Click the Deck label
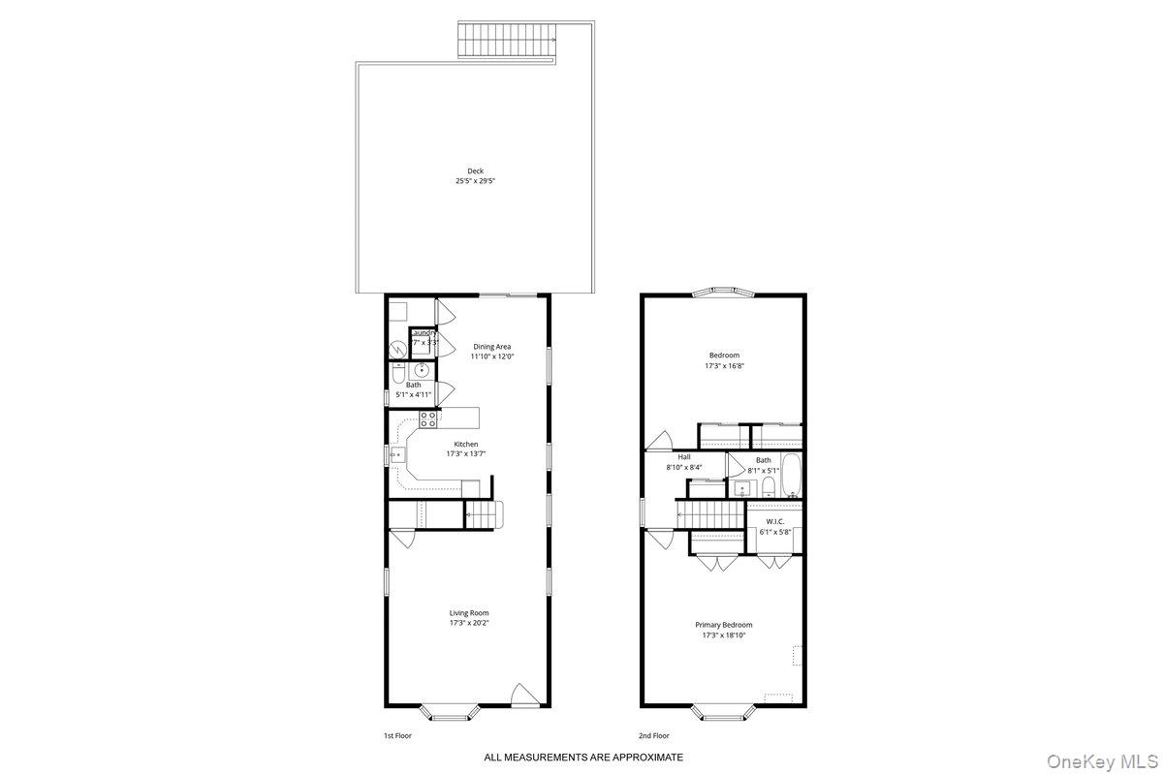(x=475, y=171)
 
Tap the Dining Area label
(x=491, y=347)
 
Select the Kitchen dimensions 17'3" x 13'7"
(x=466, y=453)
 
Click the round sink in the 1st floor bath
(x=422, y=371)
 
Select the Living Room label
(x=469, y=612)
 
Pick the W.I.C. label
(x=774, y=521)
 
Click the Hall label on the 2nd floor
(x=684, y=457)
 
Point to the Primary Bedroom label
(x=723, y=625)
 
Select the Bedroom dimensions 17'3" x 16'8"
(x=723, y=366)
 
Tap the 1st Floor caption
(x=397, y=736)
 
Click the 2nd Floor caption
(x=653, y=736)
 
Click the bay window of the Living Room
(x=450, y=713)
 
